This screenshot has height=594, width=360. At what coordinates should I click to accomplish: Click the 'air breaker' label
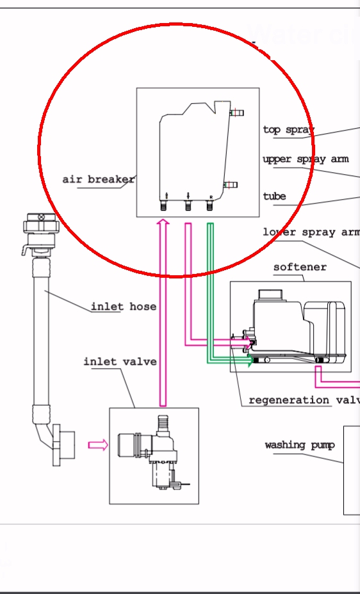pyautogui.click(x=98, y=179)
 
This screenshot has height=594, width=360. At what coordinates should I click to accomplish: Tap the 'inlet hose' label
pyautogui.click(x=123, y=307)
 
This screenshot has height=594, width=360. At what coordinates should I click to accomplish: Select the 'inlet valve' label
pyautogui.click(x=120, y=362)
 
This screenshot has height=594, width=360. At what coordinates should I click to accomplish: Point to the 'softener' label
pyautogui.click(x=300, y=267)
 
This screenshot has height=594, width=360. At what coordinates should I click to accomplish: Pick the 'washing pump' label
pyautogui.click(x=299, y=444)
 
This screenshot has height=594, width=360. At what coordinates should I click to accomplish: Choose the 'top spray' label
pyautogui.click(x=288, y=129)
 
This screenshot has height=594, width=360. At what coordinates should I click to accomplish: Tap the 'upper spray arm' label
pyautogui.click(x=305, y=159)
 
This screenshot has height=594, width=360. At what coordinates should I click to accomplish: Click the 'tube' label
pyautogui.click(x=274, y=196)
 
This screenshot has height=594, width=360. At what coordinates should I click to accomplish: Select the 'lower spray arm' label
pyautogui.click(x=311, y=232)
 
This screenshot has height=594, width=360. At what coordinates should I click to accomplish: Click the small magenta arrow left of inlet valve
pyautogui.click(x=97, y=445)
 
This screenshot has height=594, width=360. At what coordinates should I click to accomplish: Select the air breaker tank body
pyautogui.click(x=192, y=154)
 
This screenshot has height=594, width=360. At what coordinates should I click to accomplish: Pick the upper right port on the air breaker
pyautogui.click(x=236, y=113)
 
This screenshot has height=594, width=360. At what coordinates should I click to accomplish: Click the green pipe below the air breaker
pyautogui.click(x=209, y=288)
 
